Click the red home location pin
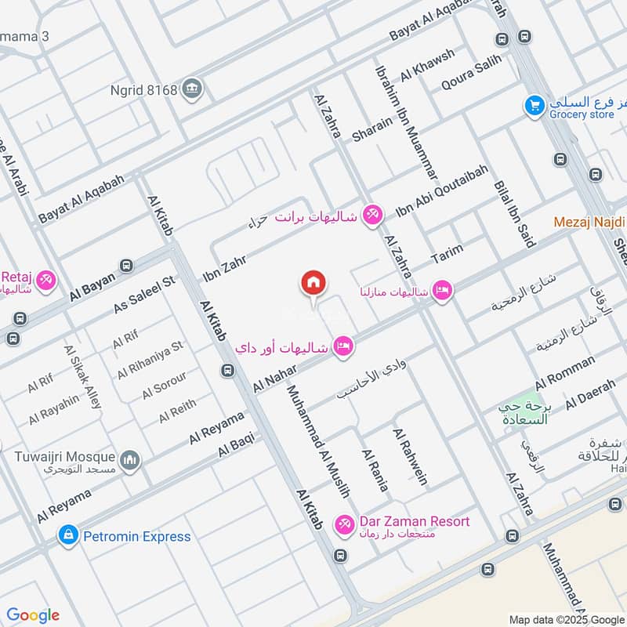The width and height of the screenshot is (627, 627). point(313,284)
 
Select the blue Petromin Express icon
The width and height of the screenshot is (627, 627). point(68,536)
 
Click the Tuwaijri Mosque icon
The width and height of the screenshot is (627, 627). point(130,459)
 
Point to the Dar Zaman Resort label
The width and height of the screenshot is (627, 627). point(415,521)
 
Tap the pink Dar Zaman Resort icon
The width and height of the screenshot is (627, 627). point(343,523)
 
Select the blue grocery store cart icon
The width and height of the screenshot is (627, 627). point(535,105)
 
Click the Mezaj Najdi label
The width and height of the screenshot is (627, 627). point(589,222)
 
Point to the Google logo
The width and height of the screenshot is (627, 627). point(33,615)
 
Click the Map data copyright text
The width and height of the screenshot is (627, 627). point(566,618)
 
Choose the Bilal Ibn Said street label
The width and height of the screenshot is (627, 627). point(514,214)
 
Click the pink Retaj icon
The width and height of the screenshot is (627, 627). point(46,278)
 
